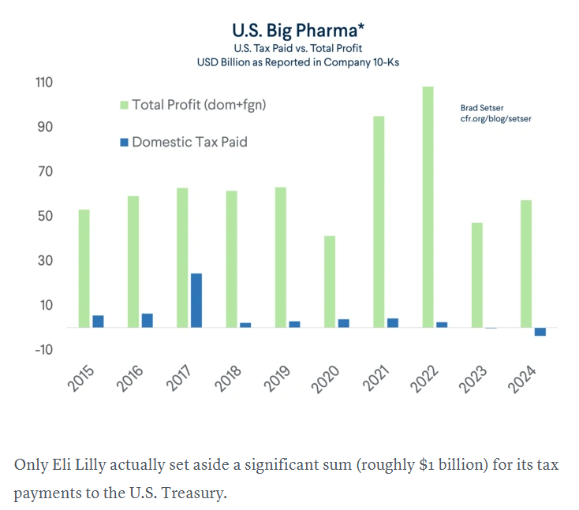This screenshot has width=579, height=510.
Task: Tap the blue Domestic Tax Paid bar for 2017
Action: tap(196, 300)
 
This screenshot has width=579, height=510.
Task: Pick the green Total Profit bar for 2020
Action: tap(330, 281)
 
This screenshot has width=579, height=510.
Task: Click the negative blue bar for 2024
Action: tap(540, 331)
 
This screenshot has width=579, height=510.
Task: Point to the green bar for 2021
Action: tap(379, 221)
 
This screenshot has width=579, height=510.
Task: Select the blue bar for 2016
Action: tap(148, 320)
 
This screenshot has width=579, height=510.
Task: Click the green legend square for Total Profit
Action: tap(124, 105)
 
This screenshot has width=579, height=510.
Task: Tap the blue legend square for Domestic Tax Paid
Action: tap(124, 143)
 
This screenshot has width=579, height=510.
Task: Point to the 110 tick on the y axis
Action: tap(43, 82)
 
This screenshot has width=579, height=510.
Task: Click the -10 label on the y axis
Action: tap(43, 349)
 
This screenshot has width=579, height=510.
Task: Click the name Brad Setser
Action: tap(481, 107)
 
